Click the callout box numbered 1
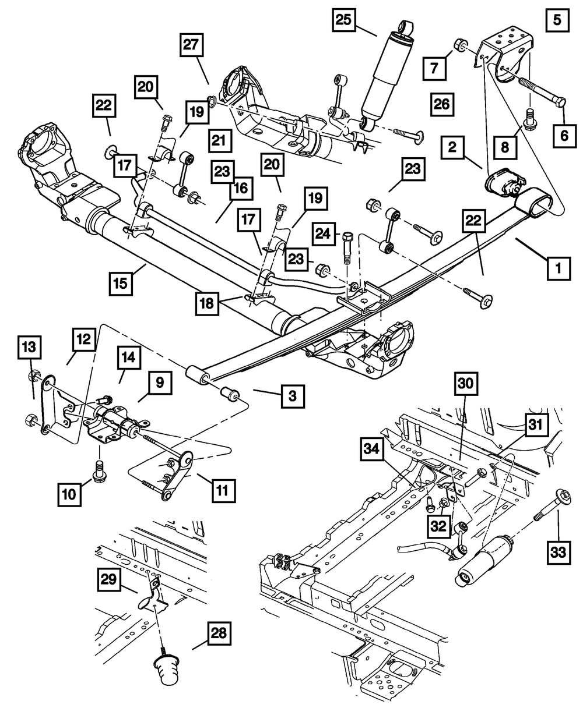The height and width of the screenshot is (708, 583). pos(558,268)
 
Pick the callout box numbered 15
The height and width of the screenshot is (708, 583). pos(121,282)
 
